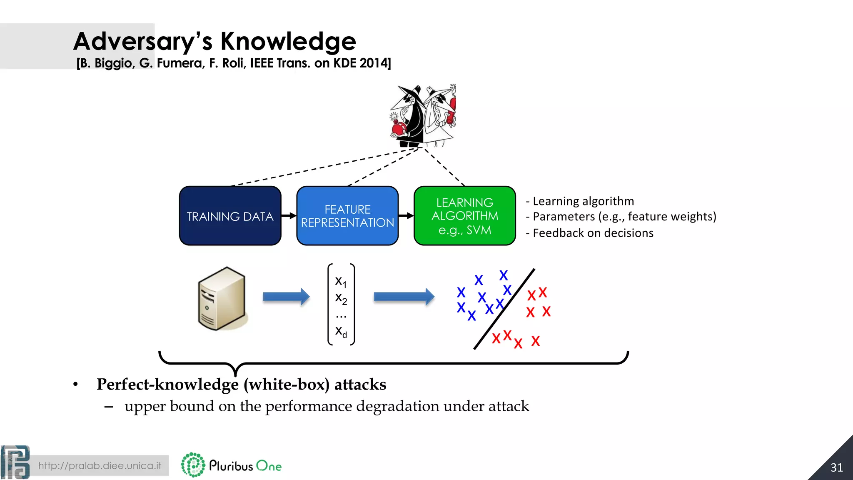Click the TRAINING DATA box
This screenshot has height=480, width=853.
click(230, 216)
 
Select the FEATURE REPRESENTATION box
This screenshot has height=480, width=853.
click(347, 216)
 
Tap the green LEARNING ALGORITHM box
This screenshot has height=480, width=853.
click(464, 216)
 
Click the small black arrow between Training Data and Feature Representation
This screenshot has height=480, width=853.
click(289, 215)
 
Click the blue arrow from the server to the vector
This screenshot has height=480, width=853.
click(286, 297)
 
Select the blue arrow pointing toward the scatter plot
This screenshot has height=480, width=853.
click(404, 297)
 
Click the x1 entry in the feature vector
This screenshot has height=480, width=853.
click(341, 282)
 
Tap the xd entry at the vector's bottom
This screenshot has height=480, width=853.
click(341, 332)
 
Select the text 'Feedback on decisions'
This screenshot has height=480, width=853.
click(593, 233)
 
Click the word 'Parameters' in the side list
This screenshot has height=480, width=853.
click(564, 217)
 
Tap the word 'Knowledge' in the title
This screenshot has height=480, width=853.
click(288, 41)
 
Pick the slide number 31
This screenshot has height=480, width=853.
click(836, 467)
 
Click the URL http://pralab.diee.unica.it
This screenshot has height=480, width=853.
click(100, 465)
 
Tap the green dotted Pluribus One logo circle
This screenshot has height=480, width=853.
click(193, 465)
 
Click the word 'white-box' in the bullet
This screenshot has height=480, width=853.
click(287, 384)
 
